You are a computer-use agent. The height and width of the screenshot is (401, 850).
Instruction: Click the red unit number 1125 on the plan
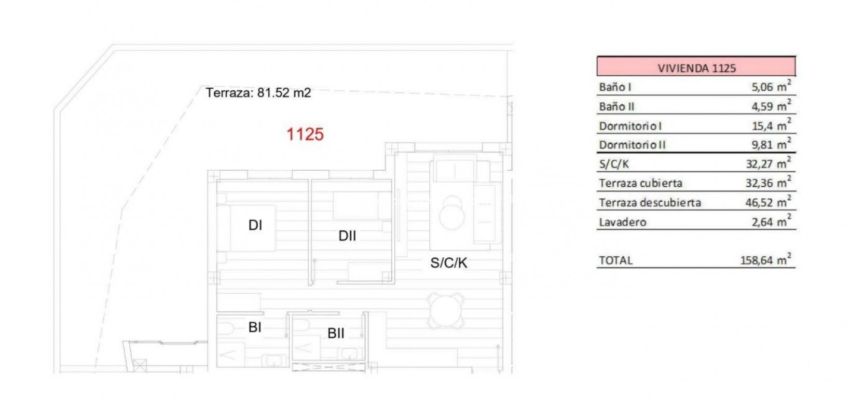coord(305,134)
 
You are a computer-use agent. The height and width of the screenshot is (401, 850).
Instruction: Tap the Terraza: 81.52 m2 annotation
coord(258,93)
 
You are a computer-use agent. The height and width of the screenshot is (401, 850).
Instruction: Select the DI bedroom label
coord(255,225)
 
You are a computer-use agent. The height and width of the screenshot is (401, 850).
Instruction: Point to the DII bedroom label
coord(347,236)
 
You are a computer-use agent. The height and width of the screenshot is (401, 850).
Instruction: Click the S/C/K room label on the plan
coord(449,263)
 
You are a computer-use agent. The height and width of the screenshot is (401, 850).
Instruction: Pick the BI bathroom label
coord(255,327)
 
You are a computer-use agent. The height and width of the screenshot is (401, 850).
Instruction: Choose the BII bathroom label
coord(336,333)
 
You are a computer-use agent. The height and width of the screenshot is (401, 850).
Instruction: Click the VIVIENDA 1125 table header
coord(696,68)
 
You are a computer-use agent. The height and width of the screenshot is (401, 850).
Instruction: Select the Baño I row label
coord(615,87)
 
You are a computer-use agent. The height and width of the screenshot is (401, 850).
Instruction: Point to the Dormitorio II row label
coord(632,145)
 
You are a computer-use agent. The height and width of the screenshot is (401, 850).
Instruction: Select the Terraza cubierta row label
coord(640,183)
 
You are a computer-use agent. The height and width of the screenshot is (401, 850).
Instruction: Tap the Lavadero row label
coord(623,222)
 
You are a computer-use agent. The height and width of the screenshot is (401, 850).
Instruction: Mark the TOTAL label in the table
coord(615,260)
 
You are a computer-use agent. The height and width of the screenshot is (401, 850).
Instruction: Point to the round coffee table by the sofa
coord(452,215)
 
